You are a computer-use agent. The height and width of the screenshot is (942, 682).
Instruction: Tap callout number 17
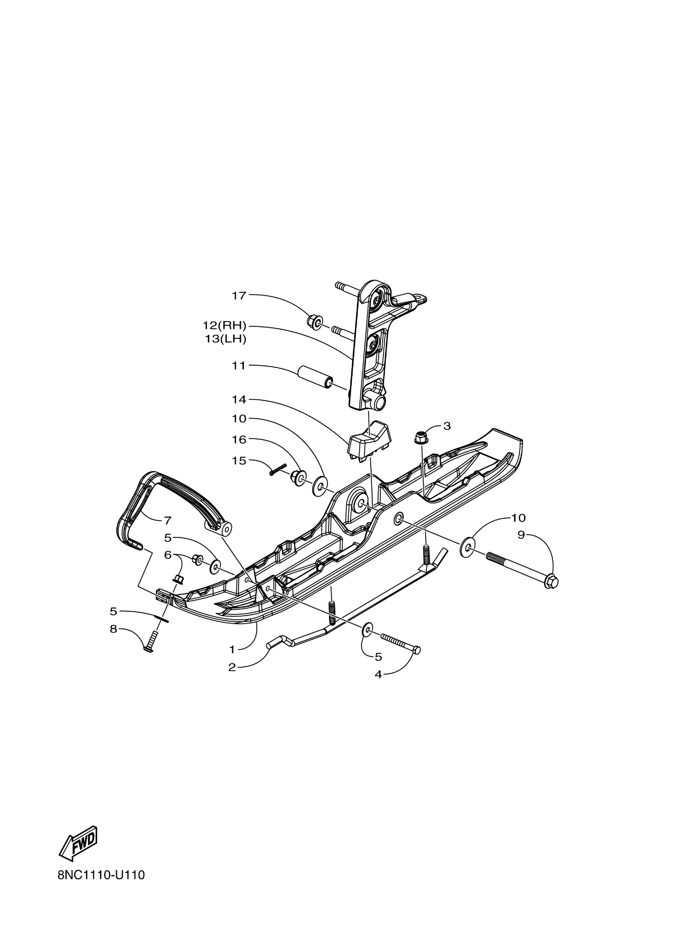239,295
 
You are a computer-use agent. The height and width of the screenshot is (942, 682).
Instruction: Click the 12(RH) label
224,325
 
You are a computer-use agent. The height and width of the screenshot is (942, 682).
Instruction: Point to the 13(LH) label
225,339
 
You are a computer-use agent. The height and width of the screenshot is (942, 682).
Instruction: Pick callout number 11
239,366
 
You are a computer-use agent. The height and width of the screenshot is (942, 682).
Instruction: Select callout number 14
239,400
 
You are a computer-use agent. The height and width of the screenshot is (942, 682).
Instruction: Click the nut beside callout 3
422,437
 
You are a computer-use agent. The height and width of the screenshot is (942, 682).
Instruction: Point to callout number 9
522,535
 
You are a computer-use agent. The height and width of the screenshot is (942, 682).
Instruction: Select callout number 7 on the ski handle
168,520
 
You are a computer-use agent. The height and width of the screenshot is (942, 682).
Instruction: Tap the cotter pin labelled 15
278,469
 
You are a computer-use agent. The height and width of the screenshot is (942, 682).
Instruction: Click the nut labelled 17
315,322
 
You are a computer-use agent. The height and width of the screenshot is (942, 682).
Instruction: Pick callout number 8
113,629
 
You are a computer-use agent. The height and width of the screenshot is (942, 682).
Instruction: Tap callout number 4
378,675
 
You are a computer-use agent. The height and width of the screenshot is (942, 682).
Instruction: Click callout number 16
239,439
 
